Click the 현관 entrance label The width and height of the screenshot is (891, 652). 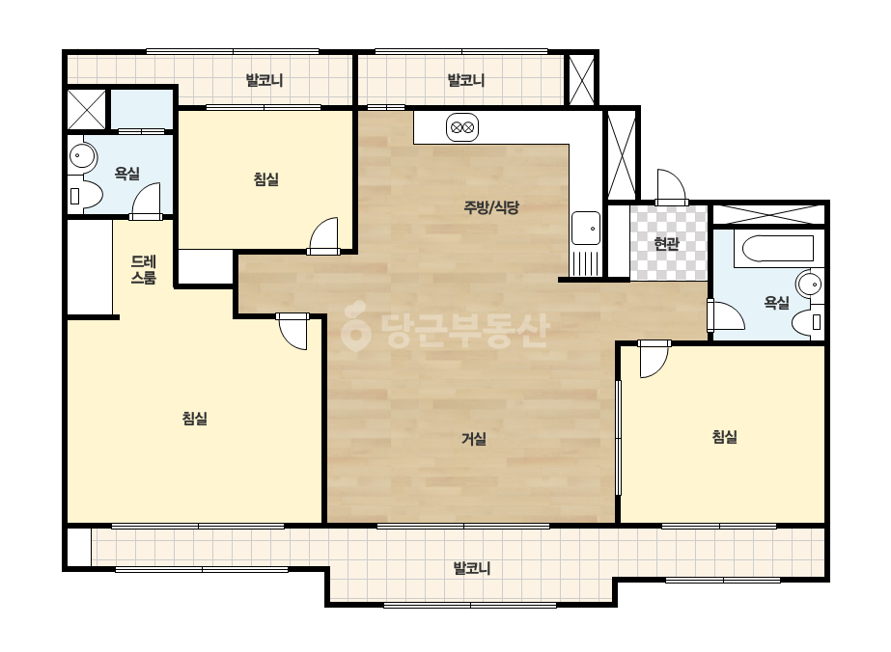click(x=666, y=244)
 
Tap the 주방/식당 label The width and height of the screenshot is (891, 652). click(x=491, y=207)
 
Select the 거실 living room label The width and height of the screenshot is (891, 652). click(x=473, y=439)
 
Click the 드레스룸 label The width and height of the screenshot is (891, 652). click(x=144, y=270)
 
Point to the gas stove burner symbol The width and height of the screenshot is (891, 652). click(x=462, y=127)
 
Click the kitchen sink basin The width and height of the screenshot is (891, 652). click(x=585, y=229)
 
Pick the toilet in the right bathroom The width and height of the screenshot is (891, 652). click(x=807, y=322)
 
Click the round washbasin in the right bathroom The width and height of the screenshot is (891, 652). click(x=810, y=284)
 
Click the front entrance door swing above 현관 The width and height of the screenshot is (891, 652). click(x=671, y=187)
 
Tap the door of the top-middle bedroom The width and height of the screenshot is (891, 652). click(x=324, y=236)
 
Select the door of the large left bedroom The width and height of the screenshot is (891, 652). click(x=292, y=331)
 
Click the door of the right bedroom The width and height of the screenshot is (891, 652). click(x=654, y=359)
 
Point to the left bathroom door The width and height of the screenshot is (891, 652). click(x=146, y=201)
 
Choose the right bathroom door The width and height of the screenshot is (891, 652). click(x=726, y=315)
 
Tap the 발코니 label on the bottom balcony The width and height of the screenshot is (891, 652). click(x=472, y=568)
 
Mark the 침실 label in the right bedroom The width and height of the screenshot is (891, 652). click(x=725, y=437)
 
